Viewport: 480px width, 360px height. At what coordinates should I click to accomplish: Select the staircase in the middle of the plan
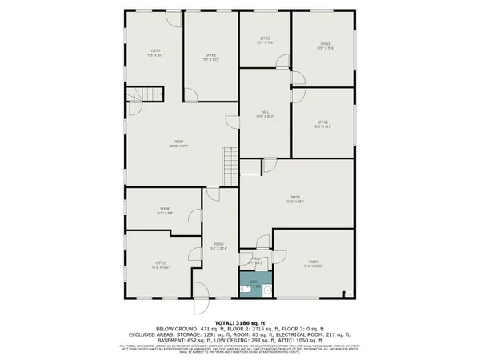click(x=230, y=166)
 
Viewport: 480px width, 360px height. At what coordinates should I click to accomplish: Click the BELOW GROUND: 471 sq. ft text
click(x=186, y=329)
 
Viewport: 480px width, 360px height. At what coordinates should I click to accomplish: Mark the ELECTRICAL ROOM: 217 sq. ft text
click(x=322, y=334)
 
